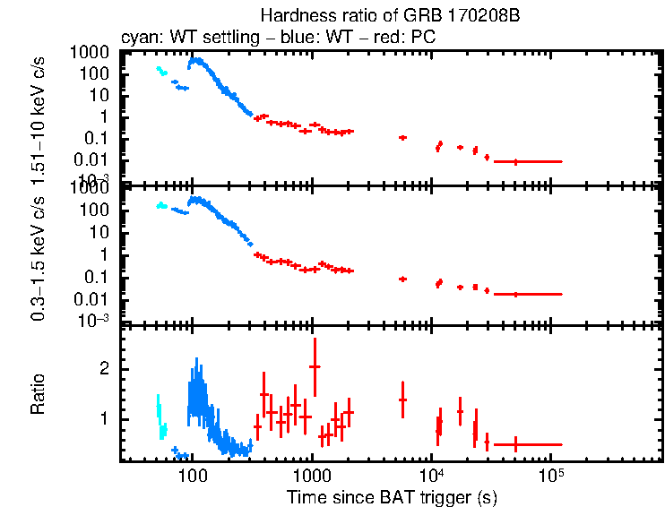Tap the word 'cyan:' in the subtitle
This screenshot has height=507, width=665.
(139, 38)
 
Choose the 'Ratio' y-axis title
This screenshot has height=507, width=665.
(39, 394)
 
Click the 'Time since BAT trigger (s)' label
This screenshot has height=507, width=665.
(392, 496)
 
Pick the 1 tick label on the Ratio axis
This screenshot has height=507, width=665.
(105, 419)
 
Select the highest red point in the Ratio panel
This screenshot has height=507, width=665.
(315, 365)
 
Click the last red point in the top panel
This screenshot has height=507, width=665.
(515, 161)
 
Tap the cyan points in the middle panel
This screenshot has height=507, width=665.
(161, 206)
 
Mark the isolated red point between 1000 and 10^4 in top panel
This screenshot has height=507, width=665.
(402, 137)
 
